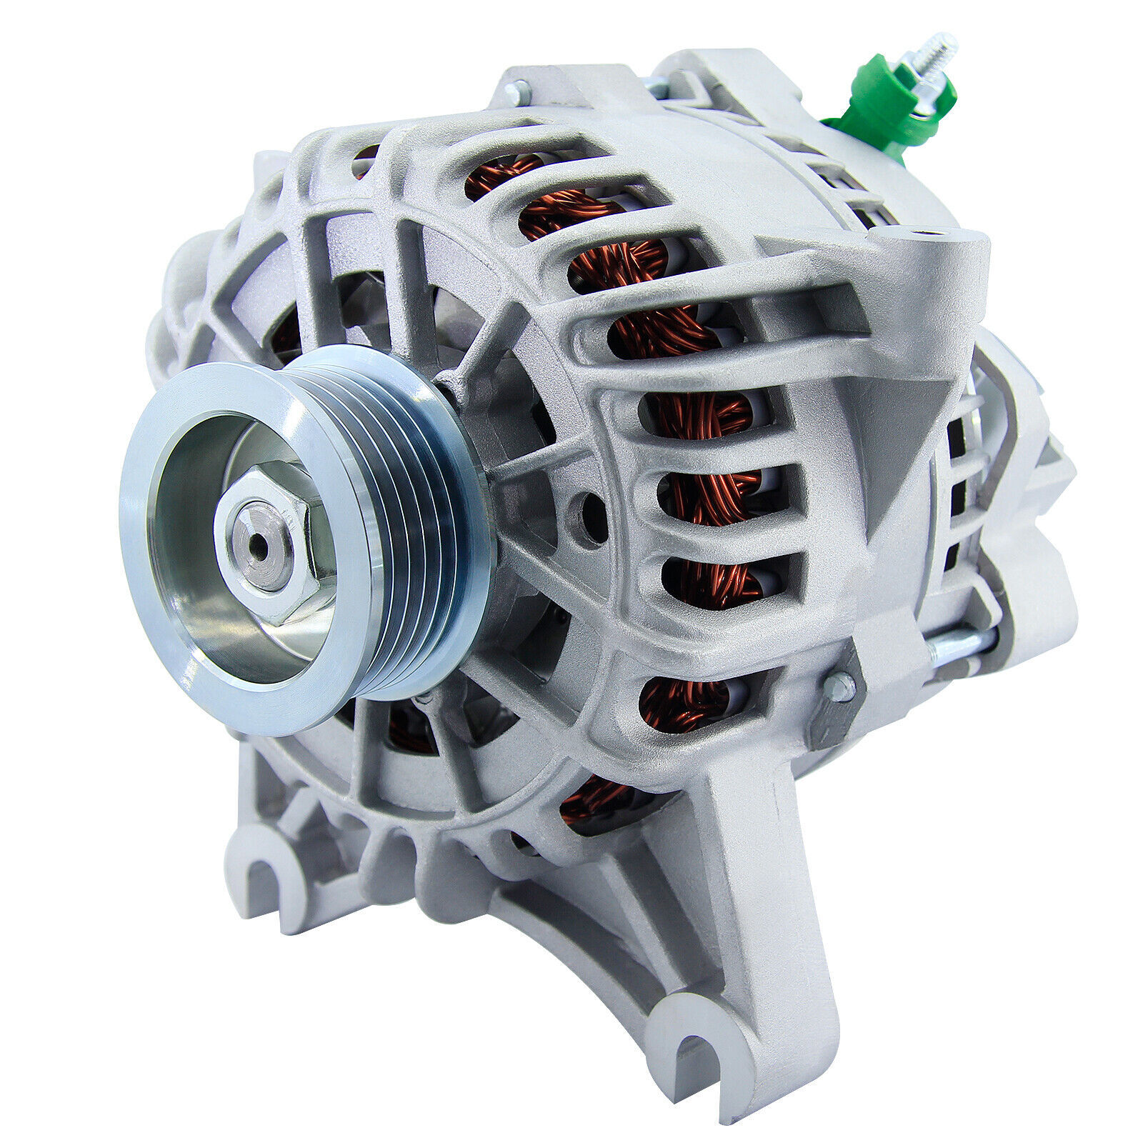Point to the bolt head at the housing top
pyautogui.click(x=516, y=92)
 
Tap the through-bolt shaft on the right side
pyautogui.click(x=957, y=647)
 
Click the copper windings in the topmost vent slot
pyautogui.click(x=500, y=179)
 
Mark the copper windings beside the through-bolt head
pyautogui.click(x=686, y=704)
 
